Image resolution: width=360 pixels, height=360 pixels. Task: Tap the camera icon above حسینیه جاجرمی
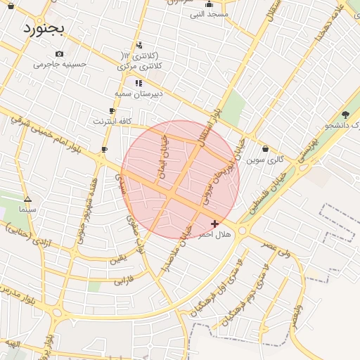59,53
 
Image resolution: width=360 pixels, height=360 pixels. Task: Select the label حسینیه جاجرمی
60,64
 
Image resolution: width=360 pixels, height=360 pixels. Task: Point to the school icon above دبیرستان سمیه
139,83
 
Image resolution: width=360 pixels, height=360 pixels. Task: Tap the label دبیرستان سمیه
139,93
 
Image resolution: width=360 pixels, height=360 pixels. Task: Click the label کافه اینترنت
112,121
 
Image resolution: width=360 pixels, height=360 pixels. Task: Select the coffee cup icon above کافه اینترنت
112,111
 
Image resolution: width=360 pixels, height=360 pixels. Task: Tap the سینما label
28,209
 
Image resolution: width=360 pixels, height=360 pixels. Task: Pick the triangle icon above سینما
27,199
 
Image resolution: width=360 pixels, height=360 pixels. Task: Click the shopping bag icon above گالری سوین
265,149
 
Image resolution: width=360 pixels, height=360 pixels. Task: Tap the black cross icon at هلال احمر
214,224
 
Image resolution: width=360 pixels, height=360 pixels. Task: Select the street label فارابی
125,282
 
